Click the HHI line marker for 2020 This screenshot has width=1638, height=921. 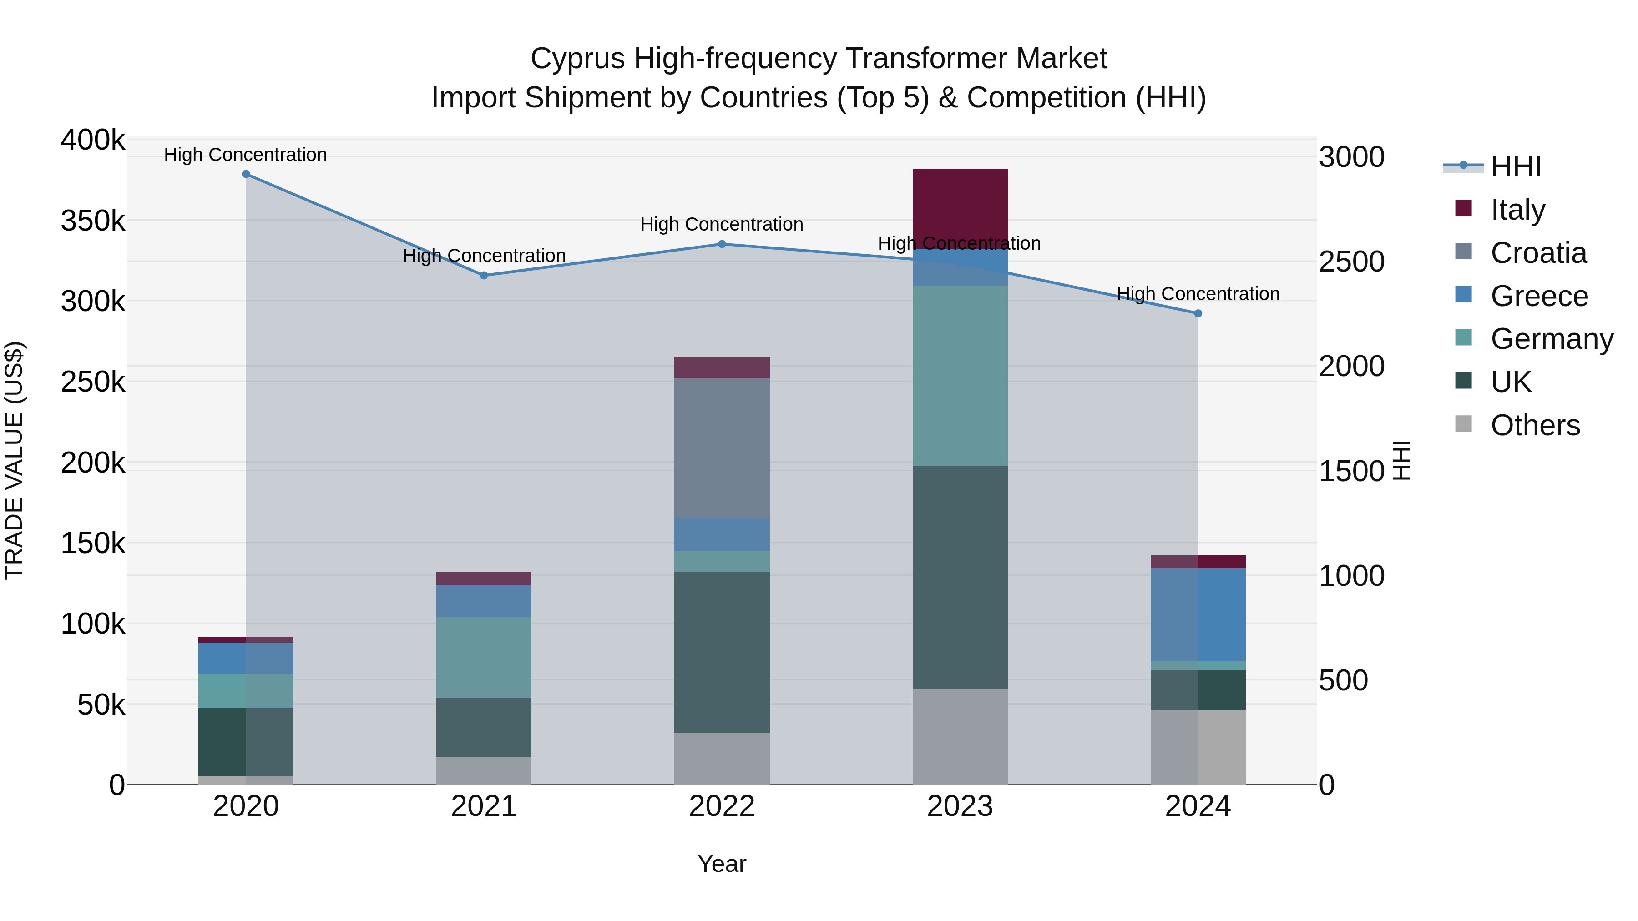coord(246,174)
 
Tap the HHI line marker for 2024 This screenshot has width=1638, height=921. coord(1198,313)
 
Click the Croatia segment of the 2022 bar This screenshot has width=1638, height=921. coord(722,448)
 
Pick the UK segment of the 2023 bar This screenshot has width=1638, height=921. coord(960,577)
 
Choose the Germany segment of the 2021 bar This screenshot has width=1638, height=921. coord(484,657)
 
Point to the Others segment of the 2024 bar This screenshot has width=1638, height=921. coord(1198,747)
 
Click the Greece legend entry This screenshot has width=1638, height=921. coord(1539,296)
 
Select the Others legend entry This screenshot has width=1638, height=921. coord(1534,425)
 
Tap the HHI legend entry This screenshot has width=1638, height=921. coord(1515,166)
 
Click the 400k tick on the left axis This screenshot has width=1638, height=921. coord(93,140)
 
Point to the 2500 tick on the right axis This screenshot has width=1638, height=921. coord(1351,262)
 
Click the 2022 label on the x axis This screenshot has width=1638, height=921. coord(722,806)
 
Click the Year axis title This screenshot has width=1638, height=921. coord(722,864)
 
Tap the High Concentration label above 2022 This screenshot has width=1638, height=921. coord(722,224)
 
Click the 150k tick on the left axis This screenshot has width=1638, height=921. coord(93,544)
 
